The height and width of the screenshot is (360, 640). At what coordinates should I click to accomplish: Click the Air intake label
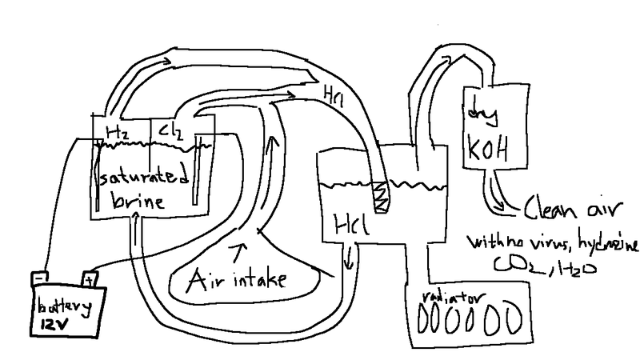pyautogui.click(x=238, y=280)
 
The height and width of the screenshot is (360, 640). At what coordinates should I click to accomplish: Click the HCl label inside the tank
pyautogui.click(x=347, y=226)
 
